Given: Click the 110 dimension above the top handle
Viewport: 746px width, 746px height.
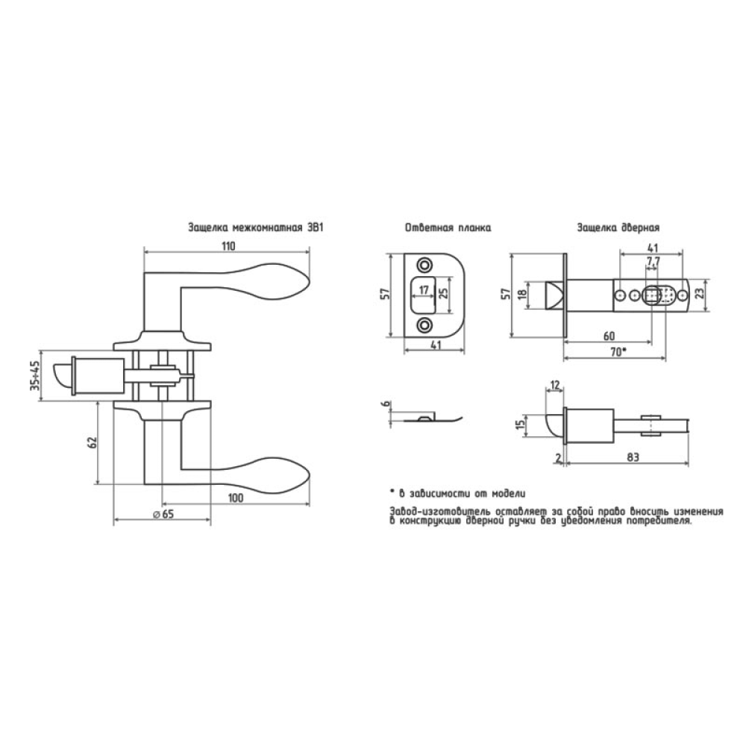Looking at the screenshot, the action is (228, 246).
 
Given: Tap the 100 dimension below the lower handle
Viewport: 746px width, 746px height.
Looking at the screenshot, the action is (236, 498).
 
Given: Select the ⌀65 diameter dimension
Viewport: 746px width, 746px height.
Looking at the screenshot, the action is (163, 514).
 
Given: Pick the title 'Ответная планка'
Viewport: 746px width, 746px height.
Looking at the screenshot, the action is (448, 228).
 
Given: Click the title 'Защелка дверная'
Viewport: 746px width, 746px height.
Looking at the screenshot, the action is (618, 228).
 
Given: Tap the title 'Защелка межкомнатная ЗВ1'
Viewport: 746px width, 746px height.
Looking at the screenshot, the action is (255, 227).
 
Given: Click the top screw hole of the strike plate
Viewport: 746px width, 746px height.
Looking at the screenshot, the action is (423, 265).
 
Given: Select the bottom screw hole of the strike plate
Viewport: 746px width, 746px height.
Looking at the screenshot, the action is (423, 325).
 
